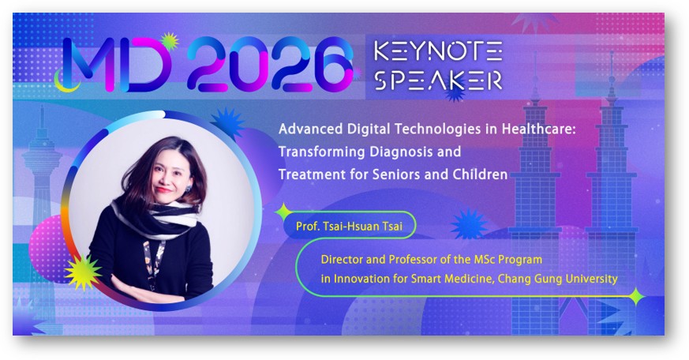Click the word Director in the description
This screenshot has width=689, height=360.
tap(343, 258)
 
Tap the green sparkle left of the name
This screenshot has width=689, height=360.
tap(284, 212)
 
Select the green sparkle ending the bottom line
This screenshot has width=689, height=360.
tap(636, 297)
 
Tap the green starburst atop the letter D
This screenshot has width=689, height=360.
tap(167, 41)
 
